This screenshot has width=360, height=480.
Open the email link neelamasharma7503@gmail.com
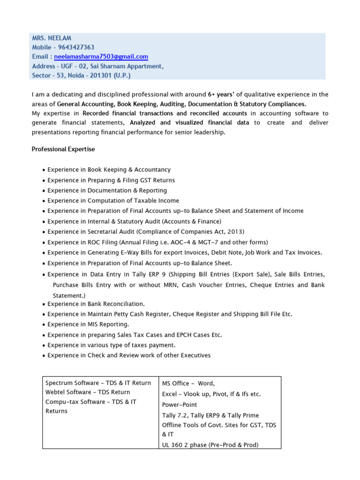pyautogui.click(x=101, y=57)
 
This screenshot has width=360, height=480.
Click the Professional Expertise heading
pyautogui.click(x=63, y=149)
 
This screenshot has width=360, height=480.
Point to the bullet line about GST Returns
pyautogui.click(x=111, y=180)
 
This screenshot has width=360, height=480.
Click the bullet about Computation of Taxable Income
pyautogui.click(x=113, y=201)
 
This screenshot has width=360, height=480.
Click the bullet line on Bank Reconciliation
pyautogui.click(x=96, y=304)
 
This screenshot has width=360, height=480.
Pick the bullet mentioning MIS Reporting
pyautogui.click(x=88, y=324)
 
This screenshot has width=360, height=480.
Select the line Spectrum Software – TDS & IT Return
pyautogui.click(x=98, y=383)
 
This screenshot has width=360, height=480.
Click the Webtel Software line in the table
pyautogui.click(x=88, y=392)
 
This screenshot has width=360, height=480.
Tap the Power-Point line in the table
pyautogui.click(x=180, y=405)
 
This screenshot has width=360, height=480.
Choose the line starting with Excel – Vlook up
pyautogui.click(x=211, y=394)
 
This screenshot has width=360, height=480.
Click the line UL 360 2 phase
pyautogui.click(x=210, y=445)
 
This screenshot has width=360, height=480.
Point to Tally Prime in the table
pyautogui.click(x=241, y=415)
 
